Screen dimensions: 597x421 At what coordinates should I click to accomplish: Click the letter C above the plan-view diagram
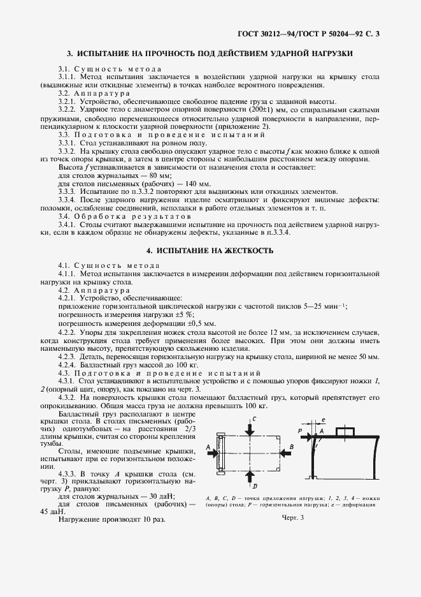[x=254, y=418]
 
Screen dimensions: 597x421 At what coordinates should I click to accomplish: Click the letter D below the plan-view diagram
[x=255, y=485]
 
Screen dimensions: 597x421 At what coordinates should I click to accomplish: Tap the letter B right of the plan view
[x=292, y=447]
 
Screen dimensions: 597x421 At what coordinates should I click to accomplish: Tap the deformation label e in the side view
[x=324, y=422]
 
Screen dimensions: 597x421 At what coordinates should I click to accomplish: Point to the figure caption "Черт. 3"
[x=293, y=518]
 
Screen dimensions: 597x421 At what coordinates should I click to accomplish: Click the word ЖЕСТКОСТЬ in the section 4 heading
[x=245, y=251]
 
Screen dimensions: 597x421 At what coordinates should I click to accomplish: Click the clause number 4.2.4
[x=68, y=364]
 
